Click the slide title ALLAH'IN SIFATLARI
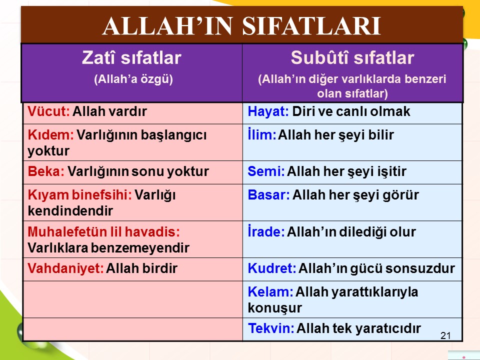coord(242,25)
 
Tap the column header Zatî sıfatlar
coord(131,57)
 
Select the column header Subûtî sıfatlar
coord(352,57)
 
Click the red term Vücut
coord(48,111)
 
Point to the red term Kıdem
coord(50,134)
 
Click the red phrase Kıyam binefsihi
coord(79,195)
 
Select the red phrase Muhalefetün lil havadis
coord(103,231)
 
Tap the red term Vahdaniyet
coord(65,268)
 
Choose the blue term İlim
coord(262,134)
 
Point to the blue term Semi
coord(266,171)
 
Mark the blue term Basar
coord(268,195)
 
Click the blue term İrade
coord(266,231)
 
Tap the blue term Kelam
coord(270,291)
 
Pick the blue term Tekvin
coord(271,328)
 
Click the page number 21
coord(445,336)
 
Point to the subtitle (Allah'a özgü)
coord(133,79)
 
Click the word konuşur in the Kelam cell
coord(274,308)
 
